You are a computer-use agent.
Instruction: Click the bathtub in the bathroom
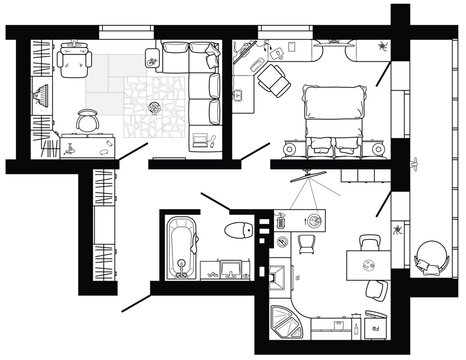coord(180,246)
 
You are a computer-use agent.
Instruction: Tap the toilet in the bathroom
coord(237,231)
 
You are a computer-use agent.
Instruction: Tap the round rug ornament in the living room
coord(154,105)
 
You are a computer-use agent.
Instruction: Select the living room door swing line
coord(133,152)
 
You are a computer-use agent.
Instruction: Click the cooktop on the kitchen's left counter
coord(282,275)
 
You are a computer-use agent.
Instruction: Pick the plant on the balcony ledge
coord(399,231)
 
